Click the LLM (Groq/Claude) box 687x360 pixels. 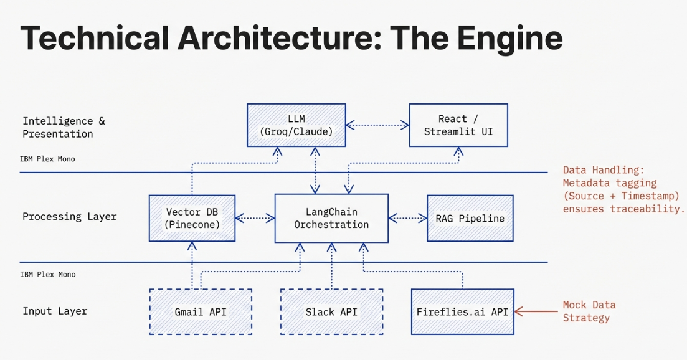296,125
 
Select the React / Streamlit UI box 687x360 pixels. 458,125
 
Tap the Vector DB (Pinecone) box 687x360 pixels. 192,218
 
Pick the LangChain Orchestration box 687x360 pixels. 331,218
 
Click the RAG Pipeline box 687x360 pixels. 470,218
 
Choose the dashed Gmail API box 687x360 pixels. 201,311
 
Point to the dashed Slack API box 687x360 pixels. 331,311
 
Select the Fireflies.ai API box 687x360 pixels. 462,311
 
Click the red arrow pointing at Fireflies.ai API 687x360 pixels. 536,311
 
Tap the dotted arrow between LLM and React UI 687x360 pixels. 377,125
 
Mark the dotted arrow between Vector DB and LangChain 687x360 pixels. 255,218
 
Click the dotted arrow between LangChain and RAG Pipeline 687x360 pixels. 407,218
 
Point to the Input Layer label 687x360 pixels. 55,311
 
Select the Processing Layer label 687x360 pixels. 69,217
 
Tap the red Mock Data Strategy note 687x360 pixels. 589,311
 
